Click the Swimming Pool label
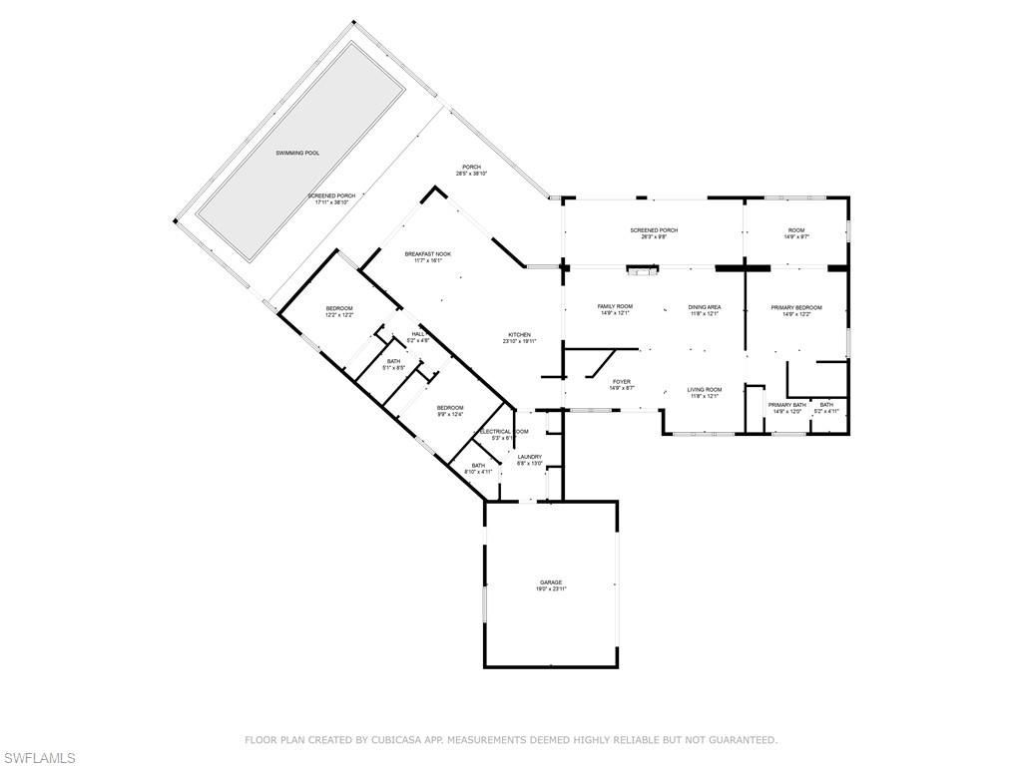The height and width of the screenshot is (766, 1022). [298, 153]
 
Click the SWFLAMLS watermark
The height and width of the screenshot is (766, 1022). [39, 757]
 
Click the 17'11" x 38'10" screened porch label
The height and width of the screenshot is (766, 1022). [331, 198]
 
